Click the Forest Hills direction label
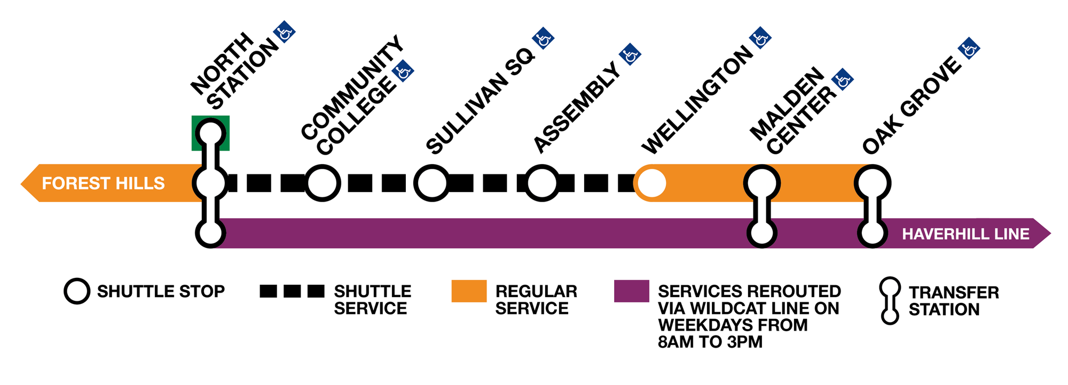pos(103,183)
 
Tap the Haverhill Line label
pos(965,234)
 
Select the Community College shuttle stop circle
pos(323,183)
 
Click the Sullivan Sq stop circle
pos(431,183)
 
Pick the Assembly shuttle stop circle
pos(542,183)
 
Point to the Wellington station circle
pos(651,183)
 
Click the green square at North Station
pos(210,133)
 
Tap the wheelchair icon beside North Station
pos(284,33)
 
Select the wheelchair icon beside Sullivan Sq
pos(543,39)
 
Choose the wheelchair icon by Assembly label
pos(630,55)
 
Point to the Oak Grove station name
pos(912,106)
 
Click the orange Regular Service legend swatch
pos(469,291)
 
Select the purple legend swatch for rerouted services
pos(631,291)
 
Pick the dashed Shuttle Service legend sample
pos(292,291)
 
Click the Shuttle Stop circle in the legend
pos(77,291)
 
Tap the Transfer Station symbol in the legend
pos(890,300)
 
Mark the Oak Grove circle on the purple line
pos(872,234)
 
